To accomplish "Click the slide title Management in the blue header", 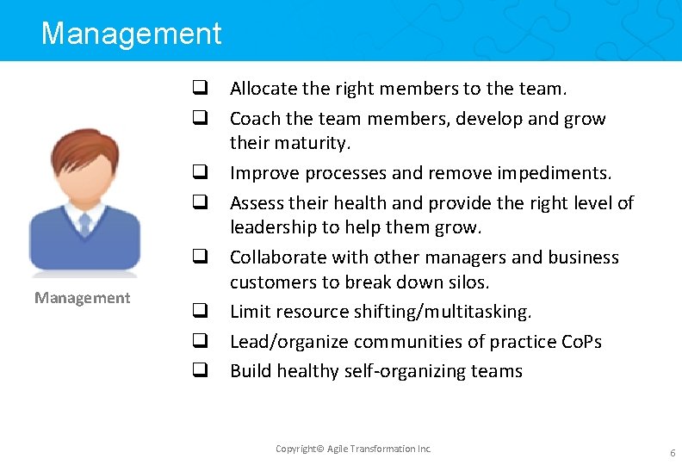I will (131, 34).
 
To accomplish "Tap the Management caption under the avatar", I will (83, 298).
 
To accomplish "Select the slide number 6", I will (672, 452).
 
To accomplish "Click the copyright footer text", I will (353, 449).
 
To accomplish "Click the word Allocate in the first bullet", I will (263, 88).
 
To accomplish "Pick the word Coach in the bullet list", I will (255, 119).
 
